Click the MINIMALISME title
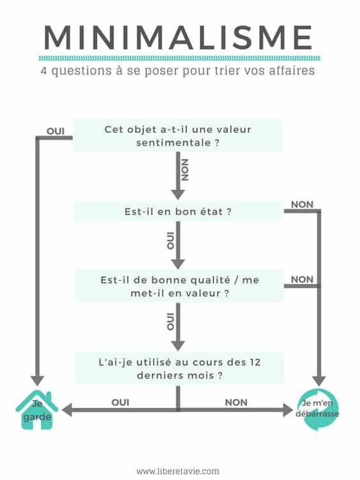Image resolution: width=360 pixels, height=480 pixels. (x=178, y=38)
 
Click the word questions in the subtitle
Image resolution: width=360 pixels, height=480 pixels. (x=82, y=71)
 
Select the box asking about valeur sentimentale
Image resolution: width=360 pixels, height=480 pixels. (x=177, y=135)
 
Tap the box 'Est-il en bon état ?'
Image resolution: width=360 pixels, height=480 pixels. (x=177, y=211)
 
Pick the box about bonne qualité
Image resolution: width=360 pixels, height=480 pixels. (x=180, y=286)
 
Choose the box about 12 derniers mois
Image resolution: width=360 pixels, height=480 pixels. (x=180, y=368)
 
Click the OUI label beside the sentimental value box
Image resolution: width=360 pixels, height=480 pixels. (x=56, y=131)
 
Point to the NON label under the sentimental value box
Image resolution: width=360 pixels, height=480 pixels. (x=185, y=170)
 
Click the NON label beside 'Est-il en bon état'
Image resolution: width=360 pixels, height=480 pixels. (x=302, y=204)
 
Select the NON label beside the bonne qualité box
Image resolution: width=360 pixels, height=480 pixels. (x=302, y=279)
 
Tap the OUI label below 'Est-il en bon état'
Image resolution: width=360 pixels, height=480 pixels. (x=170, y=241)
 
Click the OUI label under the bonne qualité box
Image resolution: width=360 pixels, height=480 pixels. (x=170, y=322)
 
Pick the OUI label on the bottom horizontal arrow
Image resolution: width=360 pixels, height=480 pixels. (x=120, y=402)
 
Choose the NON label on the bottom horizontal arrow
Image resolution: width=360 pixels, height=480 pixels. (x=236, y=402)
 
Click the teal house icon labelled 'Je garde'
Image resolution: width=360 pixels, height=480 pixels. (x=37, y=410)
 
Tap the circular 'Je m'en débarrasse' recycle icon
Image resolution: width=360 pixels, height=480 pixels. (x=318, y=409)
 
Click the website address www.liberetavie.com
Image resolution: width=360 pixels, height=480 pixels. (x=178, y=471)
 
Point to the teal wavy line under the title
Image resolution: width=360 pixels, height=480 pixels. (x=180, y=58)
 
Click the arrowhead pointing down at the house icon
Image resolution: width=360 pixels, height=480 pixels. (x=38, y=380)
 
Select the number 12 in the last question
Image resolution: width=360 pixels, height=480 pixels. (x=255, y=362)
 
